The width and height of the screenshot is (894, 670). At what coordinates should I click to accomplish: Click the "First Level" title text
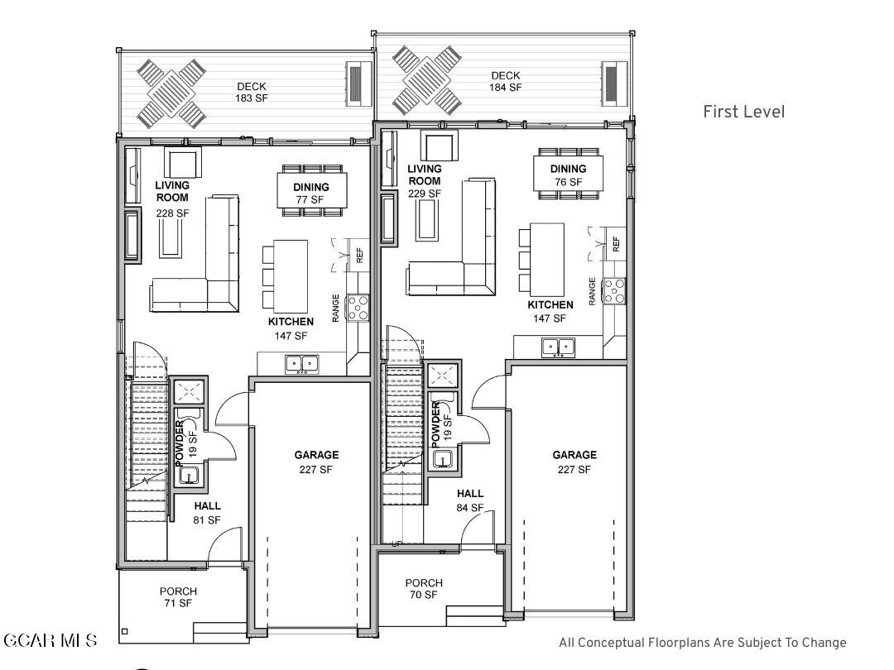click(743, 112)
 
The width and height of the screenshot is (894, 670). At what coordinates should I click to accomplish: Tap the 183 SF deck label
click(252, 93)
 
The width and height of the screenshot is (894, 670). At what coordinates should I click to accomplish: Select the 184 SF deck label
click(505, 81)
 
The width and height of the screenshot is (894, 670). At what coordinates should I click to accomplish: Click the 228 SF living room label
click(172, 199)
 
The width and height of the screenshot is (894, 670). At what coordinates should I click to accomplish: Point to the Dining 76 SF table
click(568, 174)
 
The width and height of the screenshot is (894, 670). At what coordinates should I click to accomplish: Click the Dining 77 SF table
click(311, 191)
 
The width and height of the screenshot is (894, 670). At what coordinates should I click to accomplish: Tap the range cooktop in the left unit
click(358, 309)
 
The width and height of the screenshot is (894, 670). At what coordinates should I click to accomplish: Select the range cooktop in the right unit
click(614, 290)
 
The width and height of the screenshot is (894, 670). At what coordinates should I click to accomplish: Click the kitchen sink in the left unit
click(301, 364)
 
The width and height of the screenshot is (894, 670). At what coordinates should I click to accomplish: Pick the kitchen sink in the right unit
click(558, 347)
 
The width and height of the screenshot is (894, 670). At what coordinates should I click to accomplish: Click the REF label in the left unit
click(359, 256)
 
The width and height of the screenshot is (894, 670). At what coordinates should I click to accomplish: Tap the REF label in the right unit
click(616, 244)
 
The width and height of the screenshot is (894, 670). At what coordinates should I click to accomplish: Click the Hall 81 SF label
click(207, 513)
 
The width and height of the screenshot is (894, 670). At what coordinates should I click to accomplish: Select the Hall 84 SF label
click(470, 500)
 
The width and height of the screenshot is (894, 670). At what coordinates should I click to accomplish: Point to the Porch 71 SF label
click(178, 597)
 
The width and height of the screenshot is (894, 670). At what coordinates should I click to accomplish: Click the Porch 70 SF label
click(424, 589)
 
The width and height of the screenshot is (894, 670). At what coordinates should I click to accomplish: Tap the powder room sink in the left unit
click(189, 475)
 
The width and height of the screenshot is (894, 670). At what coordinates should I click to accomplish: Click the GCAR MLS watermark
click(50, 640)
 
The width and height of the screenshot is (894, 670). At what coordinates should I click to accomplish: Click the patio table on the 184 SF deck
click(426, 80)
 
